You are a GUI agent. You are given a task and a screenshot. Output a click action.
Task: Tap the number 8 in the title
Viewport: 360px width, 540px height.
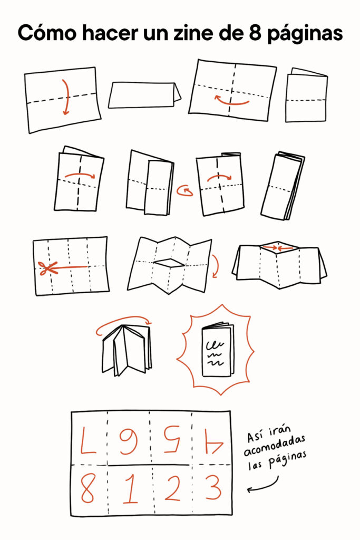click(x=255, y=33)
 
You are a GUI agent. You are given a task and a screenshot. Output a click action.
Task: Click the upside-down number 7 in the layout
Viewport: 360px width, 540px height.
click(x=88, y=440)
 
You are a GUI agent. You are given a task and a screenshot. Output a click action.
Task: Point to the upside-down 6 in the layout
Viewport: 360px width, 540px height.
click(x=129, y=441)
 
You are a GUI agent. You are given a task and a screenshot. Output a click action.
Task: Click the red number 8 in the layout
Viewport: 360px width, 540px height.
click(x=87, y=488)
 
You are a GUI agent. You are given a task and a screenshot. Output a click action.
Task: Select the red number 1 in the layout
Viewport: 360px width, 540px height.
click(x=130, y=489)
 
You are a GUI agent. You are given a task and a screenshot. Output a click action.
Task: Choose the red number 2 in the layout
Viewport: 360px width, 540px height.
click(x=172, y=487)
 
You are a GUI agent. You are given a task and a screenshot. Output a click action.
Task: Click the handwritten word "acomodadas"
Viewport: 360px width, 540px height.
click(x=274, y=446)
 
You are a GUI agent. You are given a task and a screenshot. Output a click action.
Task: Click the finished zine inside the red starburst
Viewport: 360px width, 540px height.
click(x=217, y=350)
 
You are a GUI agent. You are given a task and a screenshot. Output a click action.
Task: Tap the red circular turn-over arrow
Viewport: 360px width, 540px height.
click(x=185, y=191)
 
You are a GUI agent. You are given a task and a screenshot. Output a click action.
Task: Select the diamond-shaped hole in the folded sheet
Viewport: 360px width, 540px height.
click(x=169, y=263)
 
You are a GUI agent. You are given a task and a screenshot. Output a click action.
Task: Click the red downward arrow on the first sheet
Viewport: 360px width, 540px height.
click(x=67, y=98)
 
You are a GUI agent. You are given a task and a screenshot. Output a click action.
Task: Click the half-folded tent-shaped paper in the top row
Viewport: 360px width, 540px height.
click(x=144, y=95)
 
